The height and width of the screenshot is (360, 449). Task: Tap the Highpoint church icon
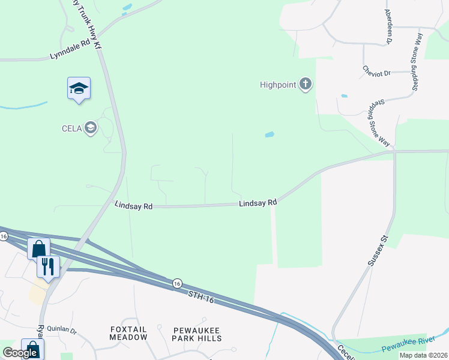click(x=306, y=85)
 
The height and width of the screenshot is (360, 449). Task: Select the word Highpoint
click(x=278, y=85)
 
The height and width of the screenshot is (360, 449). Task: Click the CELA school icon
click(x=91, y=127)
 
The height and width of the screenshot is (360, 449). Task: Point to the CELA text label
click(x=71, y=128)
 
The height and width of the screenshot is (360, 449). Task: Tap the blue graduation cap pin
click(x=79, y=89)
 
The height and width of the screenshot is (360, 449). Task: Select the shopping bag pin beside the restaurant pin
click(x=38, y=248)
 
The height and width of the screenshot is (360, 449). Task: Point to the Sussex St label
click(x=378, y=247)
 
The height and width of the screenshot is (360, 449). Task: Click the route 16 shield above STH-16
click(x=176, y=283)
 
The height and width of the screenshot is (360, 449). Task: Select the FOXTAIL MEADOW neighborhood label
click(x=128, y=334)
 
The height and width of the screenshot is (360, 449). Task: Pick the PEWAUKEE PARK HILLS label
click(x=197, y=334)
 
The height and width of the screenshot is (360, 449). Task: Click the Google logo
click(x=20, y=353)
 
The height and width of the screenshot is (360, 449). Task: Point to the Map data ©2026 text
click(x=423, y=355)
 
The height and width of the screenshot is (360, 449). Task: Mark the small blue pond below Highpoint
click(x=270, y=134)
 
